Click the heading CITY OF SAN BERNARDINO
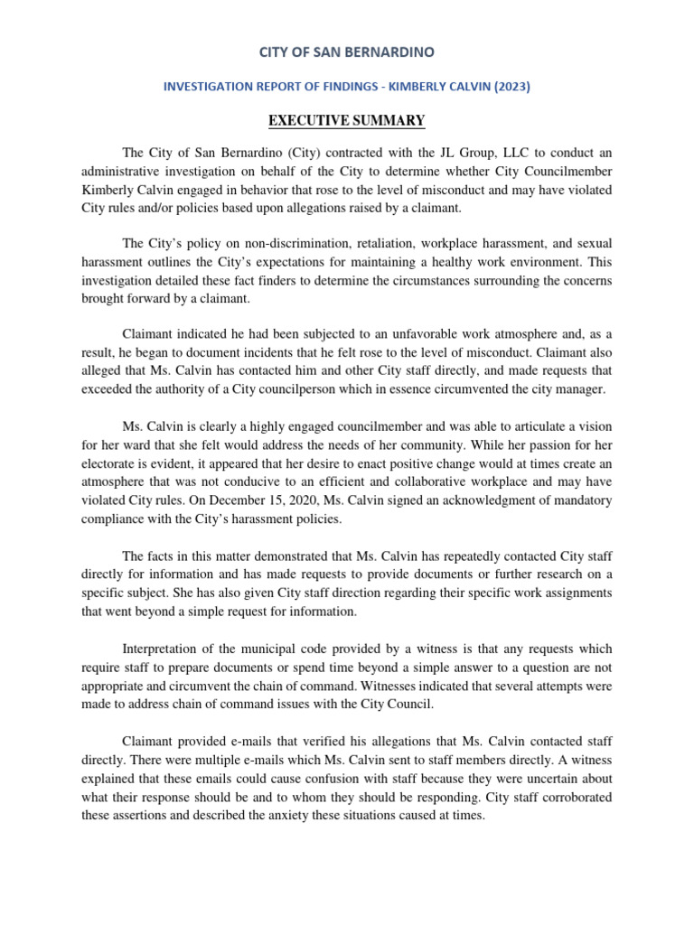(346, 52)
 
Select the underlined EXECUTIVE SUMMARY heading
(347, 120)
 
